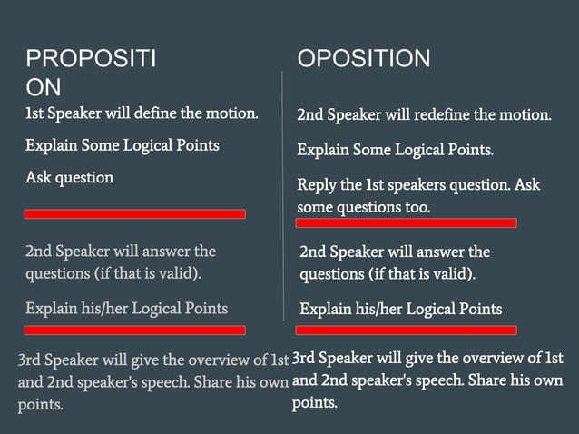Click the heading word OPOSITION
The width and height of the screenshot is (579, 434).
point(364,59)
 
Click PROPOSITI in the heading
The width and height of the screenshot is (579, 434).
point(91,59)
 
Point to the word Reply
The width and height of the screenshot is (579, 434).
point(317,185)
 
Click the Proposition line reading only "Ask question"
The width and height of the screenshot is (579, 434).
point(69,177)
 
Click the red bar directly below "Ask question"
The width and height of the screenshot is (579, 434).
point(134,214)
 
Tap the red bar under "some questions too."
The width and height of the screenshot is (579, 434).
point(406,222)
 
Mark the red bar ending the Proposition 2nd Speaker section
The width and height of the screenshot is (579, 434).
point(134,330)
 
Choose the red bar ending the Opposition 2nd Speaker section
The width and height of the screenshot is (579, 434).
point(406,330)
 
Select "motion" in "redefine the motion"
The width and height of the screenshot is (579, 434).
point(525,115)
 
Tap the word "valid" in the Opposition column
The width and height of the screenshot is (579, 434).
point(451,273)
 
